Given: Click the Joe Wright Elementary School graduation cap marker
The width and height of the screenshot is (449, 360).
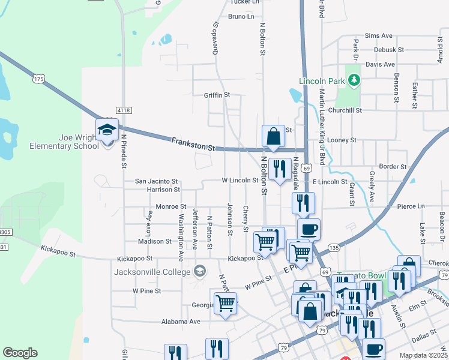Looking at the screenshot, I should point(107,130).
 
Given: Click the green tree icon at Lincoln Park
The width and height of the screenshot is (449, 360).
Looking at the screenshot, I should point(354,79).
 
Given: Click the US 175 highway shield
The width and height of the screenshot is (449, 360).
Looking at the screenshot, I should point(39,79).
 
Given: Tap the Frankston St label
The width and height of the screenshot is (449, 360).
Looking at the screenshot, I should point(193,144).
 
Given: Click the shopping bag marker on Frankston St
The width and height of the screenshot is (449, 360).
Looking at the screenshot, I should point(273,136).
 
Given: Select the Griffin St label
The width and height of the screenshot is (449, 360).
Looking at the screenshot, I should point(217,95).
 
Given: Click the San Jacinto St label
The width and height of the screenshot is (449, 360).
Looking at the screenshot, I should point(156,181).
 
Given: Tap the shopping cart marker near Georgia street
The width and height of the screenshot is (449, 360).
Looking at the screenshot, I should point(225,303).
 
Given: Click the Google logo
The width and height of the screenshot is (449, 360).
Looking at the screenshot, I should point(20,353).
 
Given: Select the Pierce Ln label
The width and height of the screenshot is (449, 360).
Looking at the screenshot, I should point(411,206).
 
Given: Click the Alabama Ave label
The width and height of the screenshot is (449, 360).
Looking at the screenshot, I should point(181,322).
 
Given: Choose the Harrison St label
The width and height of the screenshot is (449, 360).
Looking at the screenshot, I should point(163,190).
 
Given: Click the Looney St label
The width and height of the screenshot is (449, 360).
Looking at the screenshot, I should point(345,140).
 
